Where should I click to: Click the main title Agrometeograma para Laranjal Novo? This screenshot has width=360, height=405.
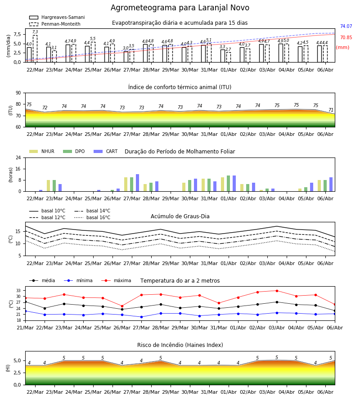(180, 8)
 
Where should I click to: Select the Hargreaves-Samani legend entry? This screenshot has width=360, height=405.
(57, 17)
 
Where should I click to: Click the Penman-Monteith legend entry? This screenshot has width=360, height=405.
(55, 24)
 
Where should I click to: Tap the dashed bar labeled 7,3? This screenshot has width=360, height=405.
(35, 49)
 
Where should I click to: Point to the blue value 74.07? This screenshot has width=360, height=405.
(346, 27)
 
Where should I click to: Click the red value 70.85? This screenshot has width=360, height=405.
(346, 37)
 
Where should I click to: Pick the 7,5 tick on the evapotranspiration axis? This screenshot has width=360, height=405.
(17, 34)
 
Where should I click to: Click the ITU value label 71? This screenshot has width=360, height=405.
(331, 110)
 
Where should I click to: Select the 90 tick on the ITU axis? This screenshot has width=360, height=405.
(18, 93)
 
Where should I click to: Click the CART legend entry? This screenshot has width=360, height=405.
(106, 151)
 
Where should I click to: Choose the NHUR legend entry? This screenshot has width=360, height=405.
(42, 151)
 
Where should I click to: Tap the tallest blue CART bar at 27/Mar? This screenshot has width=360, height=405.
(137, 183)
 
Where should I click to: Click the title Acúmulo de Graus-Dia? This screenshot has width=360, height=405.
(180, 216)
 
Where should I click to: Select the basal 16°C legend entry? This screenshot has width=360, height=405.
(92, 217)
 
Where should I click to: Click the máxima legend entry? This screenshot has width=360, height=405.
(116, 280)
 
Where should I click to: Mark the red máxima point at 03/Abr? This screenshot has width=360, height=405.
(277, 291)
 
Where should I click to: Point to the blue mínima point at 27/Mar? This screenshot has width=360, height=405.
(141, 317)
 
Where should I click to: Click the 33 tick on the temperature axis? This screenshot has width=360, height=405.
(18, 291)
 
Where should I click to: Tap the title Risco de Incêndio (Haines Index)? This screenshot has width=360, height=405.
(180, 345)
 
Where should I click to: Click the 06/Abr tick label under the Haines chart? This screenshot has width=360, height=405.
(325, 392)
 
